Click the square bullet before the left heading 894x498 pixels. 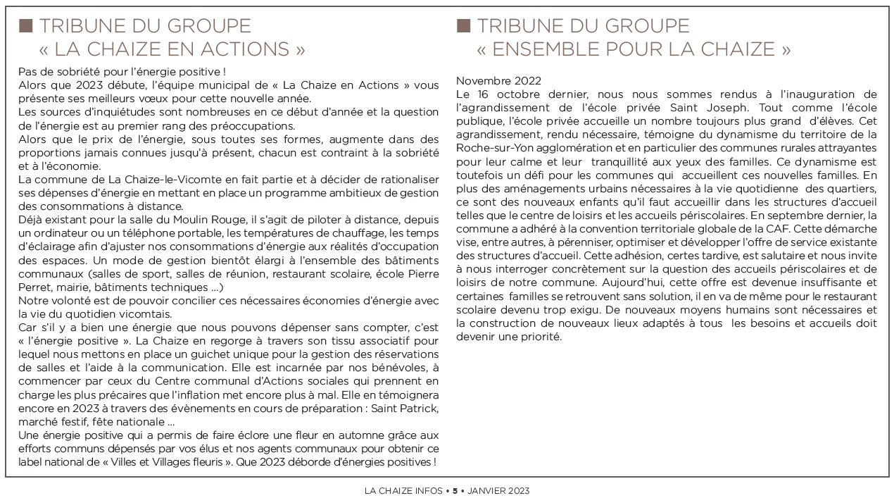click(25, 27)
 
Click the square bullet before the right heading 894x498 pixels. click(463, 27)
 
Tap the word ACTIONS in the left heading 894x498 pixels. click(231, 49)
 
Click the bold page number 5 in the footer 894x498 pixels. click(455, 490)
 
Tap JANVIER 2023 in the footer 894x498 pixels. click(498, 490)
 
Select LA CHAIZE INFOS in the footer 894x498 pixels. click(403, 490)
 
